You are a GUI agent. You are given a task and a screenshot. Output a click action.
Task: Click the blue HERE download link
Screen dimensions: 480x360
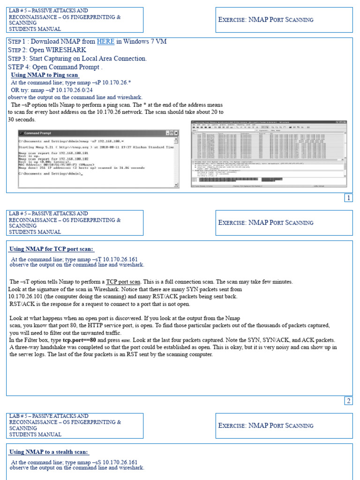pos(105,42)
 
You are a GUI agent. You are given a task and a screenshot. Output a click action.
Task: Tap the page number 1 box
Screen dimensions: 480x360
pos(348,198)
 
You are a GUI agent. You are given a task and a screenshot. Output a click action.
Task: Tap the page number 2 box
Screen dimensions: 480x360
pos(348,401)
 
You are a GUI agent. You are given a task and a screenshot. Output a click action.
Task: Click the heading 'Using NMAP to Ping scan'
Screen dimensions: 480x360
pos(45,75)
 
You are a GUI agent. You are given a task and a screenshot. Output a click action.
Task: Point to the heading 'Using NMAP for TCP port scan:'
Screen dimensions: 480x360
pos(52,249)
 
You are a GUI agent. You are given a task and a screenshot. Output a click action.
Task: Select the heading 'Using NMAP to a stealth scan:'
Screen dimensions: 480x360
pos(49,452)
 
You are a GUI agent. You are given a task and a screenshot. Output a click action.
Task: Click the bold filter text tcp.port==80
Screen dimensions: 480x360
pos(80,340)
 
